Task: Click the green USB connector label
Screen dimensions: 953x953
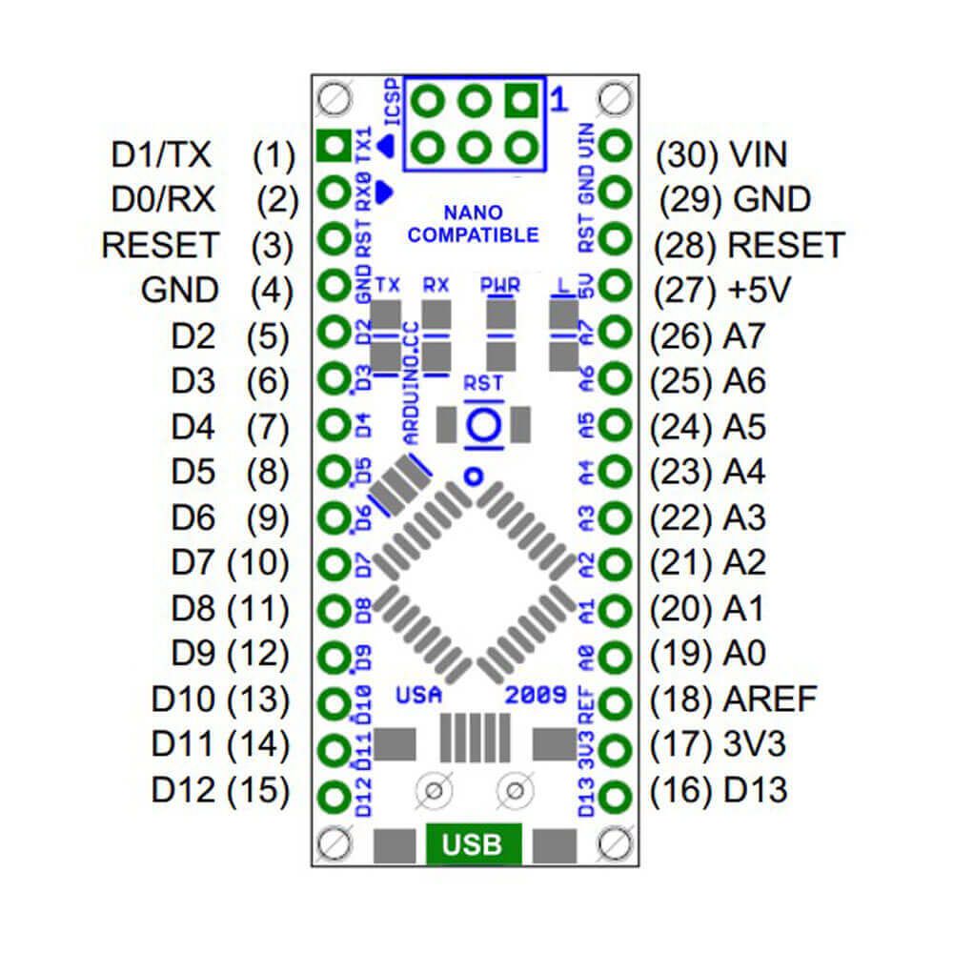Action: pyautogui.click(x=474, y=844)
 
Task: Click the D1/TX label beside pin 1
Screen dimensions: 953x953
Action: pyautogui.click(x=161, y=153)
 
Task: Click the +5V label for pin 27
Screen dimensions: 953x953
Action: pyautogui.click(x=760, y=291)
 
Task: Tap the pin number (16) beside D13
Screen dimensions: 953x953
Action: pyautogui.click(x=681, y=791)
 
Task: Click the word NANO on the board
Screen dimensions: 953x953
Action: pyautogui.click(x=473, y=212)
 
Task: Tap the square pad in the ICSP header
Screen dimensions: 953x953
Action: pyautogui.click(x=519, y=99)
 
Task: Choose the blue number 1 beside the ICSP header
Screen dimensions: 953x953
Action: pyautogui.click(x=559, y=99)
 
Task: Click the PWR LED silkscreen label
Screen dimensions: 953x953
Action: pyautogui.click(x=500, y=284)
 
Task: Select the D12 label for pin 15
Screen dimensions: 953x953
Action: pyautogui.click(x=184, y=790)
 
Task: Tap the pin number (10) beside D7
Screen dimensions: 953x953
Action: pyautogui.click(x=257, y=563)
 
